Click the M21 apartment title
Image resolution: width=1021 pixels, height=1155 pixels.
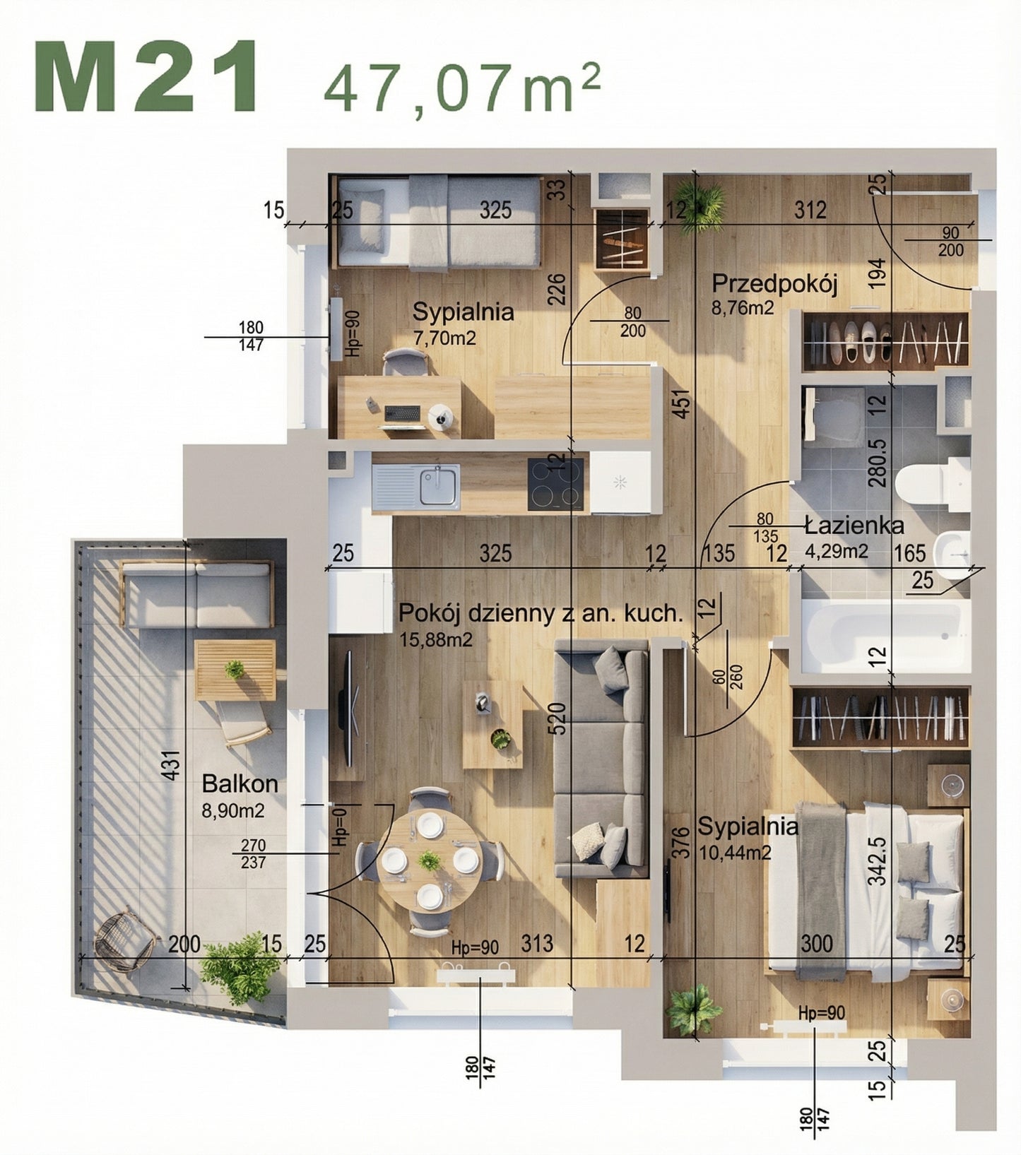pyautogui.click(x=146, y=76)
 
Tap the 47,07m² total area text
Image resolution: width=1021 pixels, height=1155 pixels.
pyautogui.click(x=461, y=88)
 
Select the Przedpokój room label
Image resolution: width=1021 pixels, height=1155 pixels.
pyautogui.click(x=774, y=284)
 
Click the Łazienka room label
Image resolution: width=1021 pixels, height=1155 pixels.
pyautogui.click(x=854, y=526)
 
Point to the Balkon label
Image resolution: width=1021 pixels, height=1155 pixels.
pyautogui.click(x=240, y=783)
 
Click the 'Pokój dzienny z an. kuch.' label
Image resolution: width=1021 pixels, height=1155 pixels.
pyautogui.click(x=541, y=613)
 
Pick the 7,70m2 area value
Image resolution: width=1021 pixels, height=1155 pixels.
pyautogui.click(x=444, y=338)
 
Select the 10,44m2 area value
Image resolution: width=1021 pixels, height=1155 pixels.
pyautogui.click(x=734, y=853)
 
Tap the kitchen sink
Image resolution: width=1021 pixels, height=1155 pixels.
pyautogui.click(x=438, y=486)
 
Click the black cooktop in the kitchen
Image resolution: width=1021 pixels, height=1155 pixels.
pyautogui.click(x=556, y=485)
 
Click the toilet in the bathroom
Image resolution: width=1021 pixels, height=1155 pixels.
pyautogui.click(x=931, y=485)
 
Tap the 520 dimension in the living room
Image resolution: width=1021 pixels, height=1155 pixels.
pyautogui.click(x=558, y=719)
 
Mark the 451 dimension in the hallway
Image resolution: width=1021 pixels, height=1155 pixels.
pyautogui.click(x=681, y=404)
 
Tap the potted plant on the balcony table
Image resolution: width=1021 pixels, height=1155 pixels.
pyautogui.click(x=234, y=670)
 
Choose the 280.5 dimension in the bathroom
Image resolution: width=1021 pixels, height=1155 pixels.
pyautogui.click(x=877, y=463)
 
